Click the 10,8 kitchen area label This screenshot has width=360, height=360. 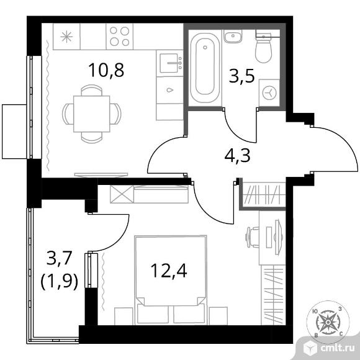(107, 70)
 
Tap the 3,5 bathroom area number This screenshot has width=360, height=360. (242, 76)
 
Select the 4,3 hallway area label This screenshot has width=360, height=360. (237, 156)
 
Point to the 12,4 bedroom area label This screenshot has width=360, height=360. (169, 271)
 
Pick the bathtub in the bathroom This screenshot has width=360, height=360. (205, 68)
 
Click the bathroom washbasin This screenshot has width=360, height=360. (233, 37)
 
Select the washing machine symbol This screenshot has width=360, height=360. (269, 92)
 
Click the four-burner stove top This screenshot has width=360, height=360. (120, 36)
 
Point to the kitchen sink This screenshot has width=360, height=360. (170, 63)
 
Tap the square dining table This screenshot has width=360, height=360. (92, 114)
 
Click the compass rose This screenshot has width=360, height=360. (328, 322)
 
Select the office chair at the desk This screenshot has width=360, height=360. (252, 237)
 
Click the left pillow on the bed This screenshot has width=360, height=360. (153, 313)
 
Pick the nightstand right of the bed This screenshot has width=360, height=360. (218, 316)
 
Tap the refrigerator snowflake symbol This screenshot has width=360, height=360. (66, 37)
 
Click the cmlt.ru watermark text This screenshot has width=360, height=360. (338, 349)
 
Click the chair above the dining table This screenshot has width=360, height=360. (92, 90)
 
